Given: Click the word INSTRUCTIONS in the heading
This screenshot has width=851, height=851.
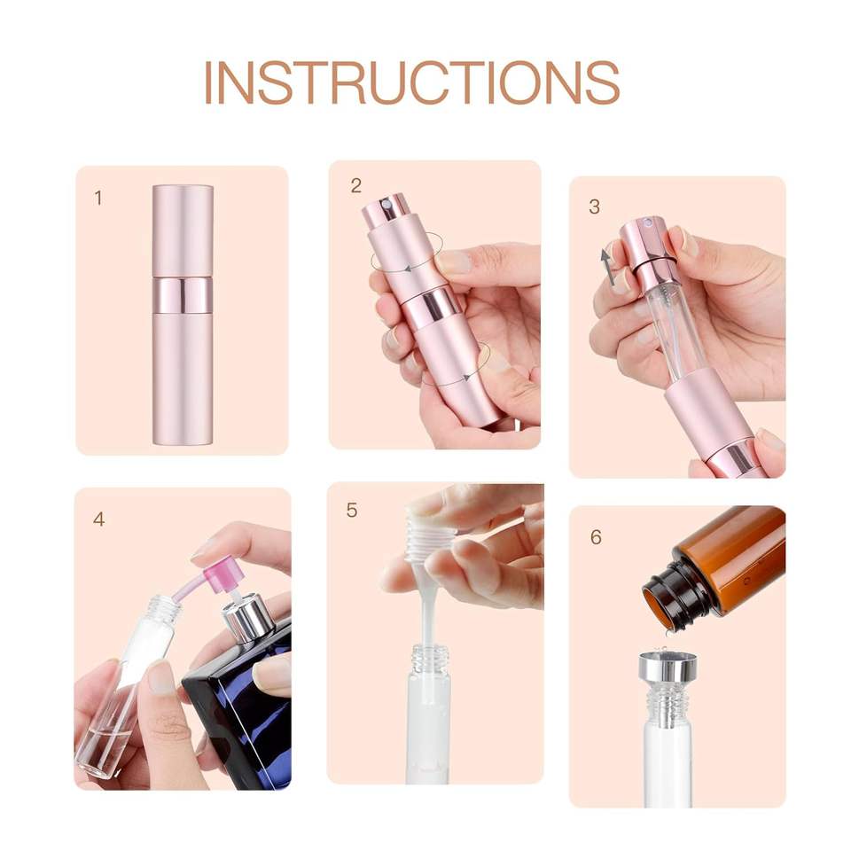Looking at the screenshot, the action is tap(411, 82).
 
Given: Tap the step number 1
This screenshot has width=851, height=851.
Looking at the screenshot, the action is tap(98, 198).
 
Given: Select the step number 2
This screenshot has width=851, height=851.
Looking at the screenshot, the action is tap(356, 185).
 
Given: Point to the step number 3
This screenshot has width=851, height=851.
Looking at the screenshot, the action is tap(594, 207).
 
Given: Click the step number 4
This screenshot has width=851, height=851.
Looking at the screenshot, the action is tap(98, 519).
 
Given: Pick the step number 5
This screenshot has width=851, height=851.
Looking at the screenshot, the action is tap(352, 511).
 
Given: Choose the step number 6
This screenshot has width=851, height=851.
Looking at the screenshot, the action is tap(596, 537).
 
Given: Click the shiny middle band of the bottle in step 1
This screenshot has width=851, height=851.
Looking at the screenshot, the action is tap(183, 296).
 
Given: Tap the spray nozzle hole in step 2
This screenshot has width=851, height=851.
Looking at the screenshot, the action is tap(386, 205).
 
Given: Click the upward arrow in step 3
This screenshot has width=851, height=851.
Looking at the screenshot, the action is tap(608, 267).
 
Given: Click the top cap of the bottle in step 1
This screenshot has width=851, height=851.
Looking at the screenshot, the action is tap(183, 231).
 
